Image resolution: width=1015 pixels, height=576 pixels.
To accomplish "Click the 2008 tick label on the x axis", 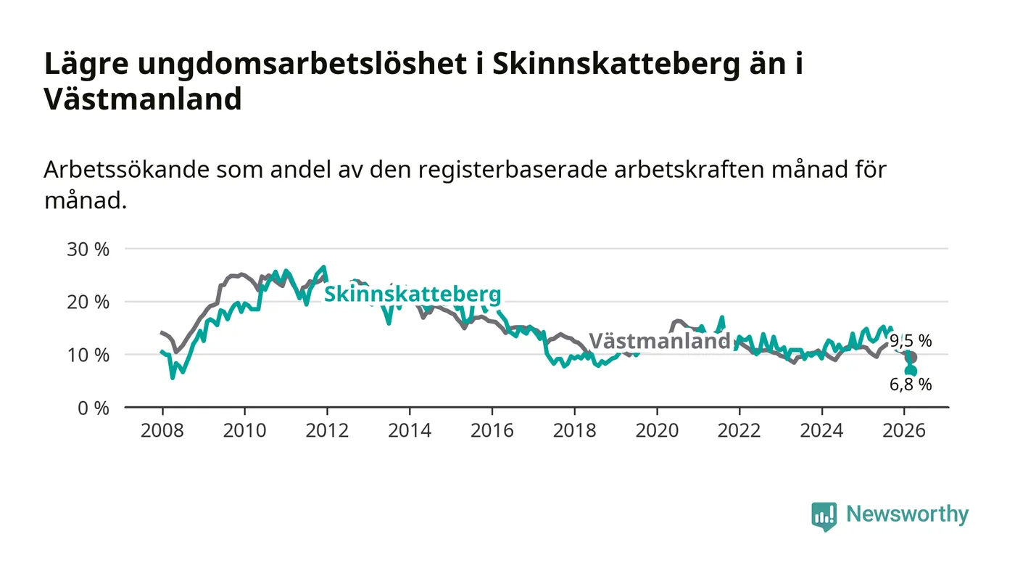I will (162, 430).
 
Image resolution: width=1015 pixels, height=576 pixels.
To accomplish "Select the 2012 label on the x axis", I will (327, 430).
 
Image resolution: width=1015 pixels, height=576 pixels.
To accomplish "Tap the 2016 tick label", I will (492, 430).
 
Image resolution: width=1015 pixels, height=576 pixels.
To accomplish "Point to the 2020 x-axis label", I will (656, 430).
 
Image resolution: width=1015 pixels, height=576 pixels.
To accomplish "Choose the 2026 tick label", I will (904, 430).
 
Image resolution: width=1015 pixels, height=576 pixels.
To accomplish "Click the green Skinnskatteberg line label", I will (412, 294).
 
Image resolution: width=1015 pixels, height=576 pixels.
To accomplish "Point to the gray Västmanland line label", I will (659, 341).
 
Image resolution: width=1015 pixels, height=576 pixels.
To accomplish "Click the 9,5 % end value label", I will (911, 340).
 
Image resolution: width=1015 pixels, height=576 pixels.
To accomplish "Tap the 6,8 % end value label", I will (911, 384).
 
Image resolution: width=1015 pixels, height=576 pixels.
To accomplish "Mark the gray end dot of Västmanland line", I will (911, 358).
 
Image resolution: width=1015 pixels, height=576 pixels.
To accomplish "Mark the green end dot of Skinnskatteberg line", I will (911, 371).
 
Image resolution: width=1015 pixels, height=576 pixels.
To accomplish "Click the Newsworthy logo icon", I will (824, 516).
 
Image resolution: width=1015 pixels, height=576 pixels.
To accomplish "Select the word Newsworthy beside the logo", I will (907, 514).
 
